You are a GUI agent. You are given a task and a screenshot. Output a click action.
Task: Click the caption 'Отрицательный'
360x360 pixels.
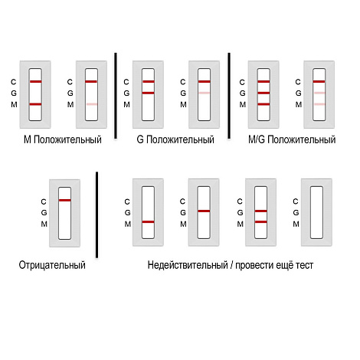(x=52, y=265)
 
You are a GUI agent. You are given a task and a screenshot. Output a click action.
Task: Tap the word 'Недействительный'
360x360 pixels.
(x=188, y=265)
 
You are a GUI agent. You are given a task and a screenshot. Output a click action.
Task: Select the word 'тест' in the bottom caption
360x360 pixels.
(x=304, y=266)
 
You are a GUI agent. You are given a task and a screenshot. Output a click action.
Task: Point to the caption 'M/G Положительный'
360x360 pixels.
(x=292, y=139)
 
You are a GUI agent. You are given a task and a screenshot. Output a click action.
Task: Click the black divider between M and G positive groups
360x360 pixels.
(x=116, y=96)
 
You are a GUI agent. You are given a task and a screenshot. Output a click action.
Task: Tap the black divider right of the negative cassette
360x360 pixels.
(x=97, y=214)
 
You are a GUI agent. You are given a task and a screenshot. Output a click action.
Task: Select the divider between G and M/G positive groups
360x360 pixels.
(x=229, y=96)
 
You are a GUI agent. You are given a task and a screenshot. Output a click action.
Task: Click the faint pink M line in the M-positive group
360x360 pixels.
(x=92, y=104)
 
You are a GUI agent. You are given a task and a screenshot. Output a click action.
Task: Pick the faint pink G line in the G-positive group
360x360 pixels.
(x=205, y=93)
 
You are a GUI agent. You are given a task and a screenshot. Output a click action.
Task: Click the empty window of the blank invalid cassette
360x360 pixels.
(x=316, y=212)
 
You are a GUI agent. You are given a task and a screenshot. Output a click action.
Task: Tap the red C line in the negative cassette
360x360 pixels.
(x=65, y=200)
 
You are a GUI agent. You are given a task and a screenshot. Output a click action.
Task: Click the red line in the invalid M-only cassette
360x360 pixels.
(x=148, y=222)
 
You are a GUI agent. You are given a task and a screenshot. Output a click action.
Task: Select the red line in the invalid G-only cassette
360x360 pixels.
(x=204, y=211)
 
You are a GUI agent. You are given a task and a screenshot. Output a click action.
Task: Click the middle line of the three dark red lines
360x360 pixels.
(x=263, y=93)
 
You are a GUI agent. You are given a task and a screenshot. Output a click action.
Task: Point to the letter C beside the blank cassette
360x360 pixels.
(x=296, y=201)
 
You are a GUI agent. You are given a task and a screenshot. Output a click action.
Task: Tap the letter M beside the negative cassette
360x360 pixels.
(x=44, y=224)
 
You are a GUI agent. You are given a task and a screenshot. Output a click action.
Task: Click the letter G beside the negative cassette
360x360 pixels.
(x=44, y=212)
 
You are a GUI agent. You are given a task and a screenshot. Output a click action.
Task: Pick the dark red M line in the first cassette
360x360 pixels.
(x=35, y=104)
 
